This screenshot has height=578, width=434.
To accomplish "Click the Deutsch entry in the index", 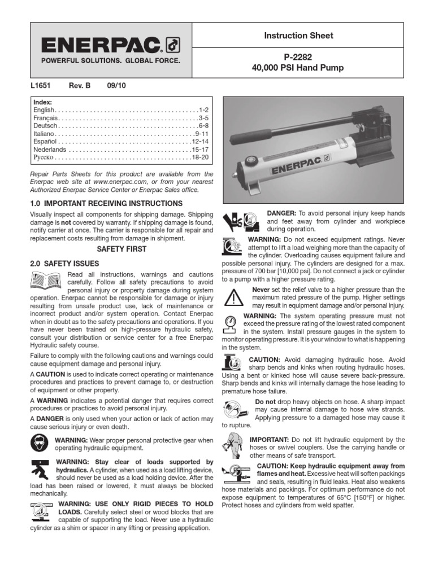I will click(x=45, y=126).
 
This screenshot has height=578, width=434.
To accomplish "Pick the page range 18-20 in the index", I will click(x=201, y=157).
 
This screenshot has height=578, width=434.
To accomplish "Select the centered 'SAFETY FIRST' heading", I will click(x=121, y=249).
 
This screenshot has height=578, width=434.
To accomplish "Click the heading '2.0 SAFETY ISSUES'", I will click(x=64, y=264).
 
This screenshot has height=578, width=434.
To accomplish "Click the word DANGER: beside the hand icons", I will click(x=280, y=213).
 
